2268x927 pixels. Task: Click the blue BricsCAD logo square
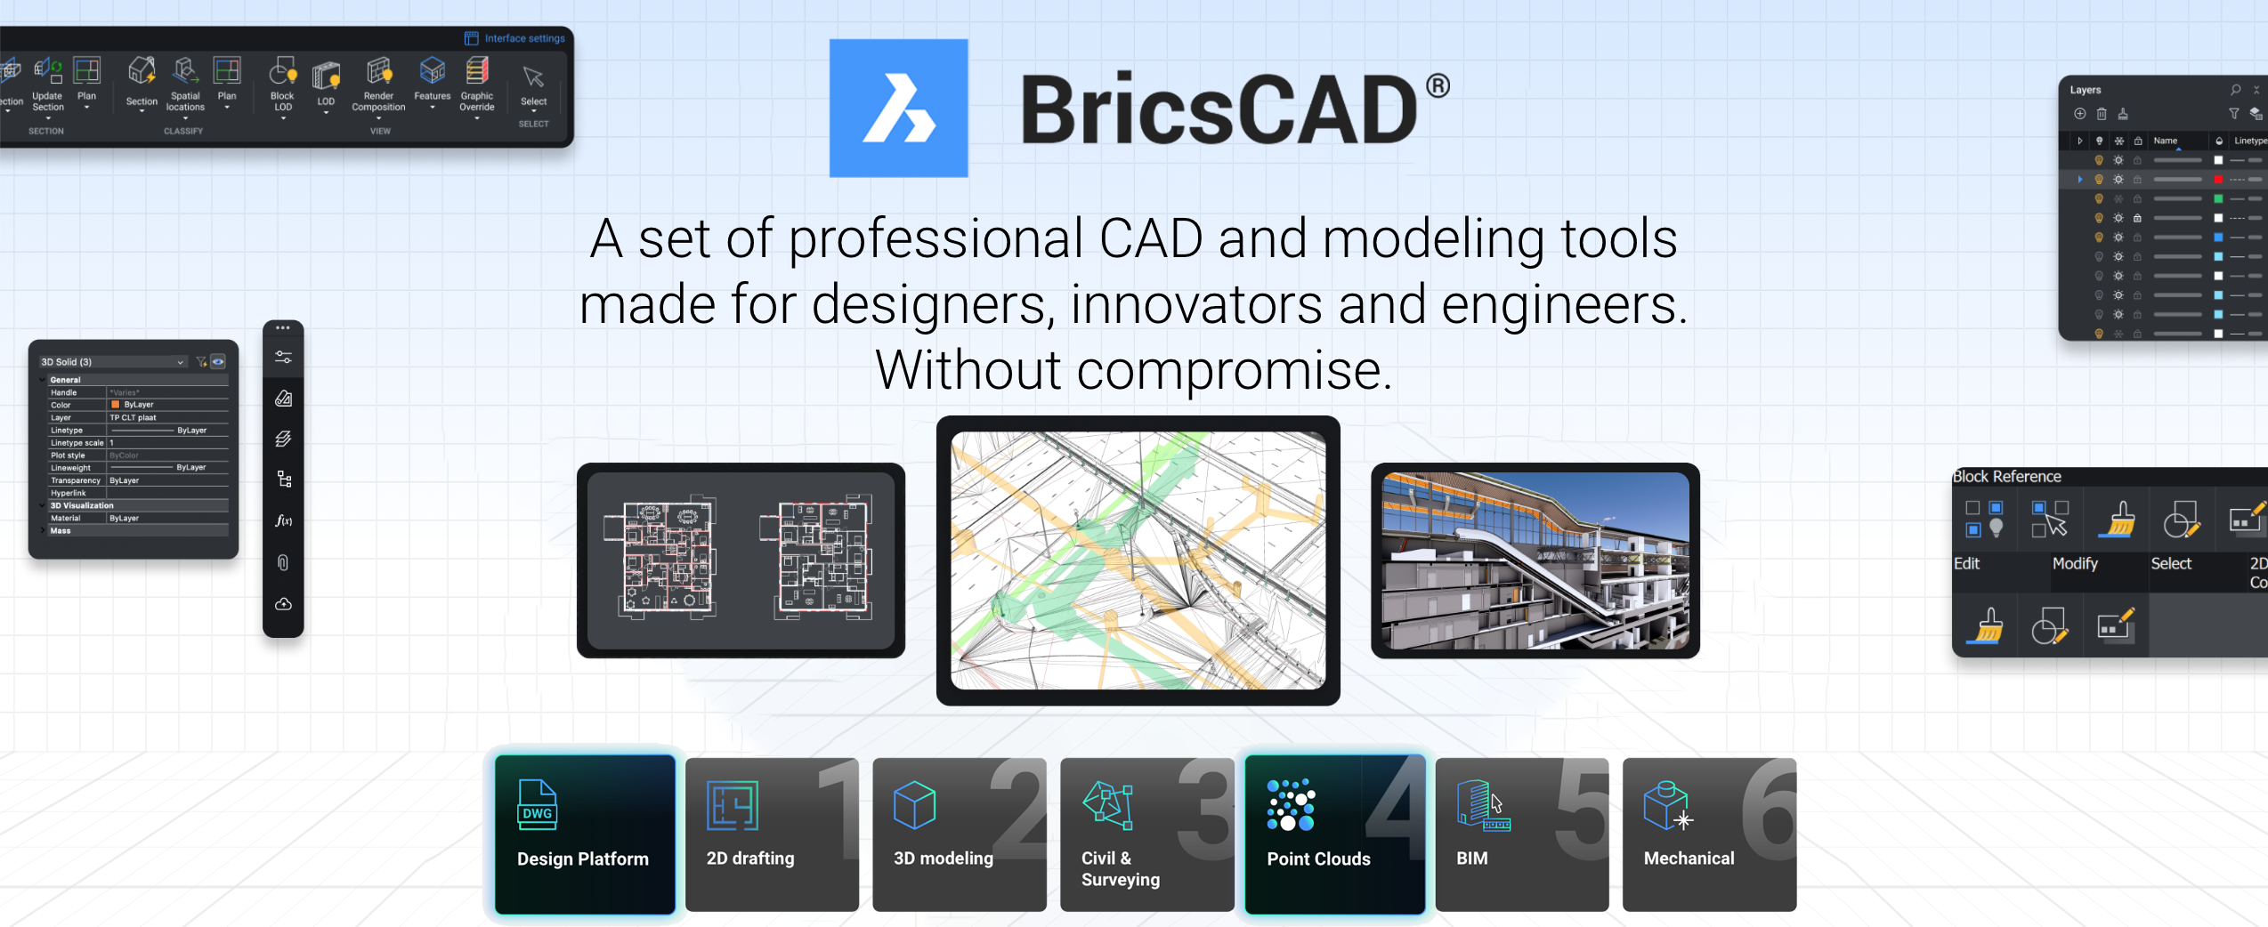pos(898,108)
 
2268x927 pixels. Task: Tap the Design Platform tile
pos(585,834)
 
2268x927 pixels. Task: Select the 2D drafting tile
pos(771,834)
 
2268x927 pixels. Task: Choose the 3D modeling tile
pos(959,834)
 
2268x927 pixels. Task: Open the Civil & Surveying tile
pos(1146,834)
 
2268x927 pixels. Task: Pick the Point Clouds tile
pos(1334,834)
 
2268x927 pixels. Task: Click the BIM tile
pos(1521,834)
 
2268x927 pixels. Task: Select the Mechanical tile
pos(1708,834)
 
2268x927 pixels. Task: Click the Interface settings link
pos(515,38)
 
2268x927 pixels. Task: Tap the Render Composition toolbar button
pos(378,85)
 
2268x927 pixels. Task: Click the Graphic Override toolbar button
pos(477,85)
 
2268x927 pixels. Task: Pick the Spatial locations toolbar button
pos(185,85)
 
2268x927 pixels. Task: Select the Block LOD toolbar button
pos(282,85)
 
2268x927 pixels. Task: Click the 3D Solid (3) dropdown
pos(112,362)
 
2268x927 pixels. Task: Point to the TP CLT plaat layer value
pos(134,417)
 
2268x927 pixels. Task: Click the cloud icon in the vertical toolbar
pos(283,605)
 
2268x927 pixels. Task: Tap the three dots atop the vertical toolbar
pos(283,328)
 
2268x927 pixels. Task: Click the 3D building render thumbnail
pos(1535,560)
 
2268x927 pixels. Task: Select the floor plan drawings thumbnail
pos(741,560)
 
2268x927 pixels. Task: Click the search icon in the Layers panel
pos(2235,90)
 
